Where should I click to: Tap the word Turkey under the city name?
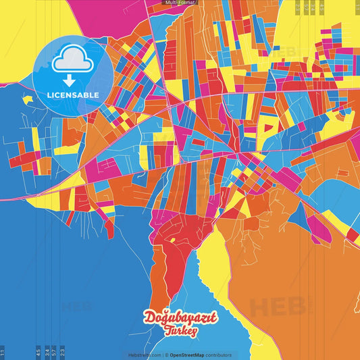180,331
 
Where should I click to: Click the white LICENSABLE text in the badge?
73,95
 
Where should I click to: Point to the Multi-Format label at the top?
179,3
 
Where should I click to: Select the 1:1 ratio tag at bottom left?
3,352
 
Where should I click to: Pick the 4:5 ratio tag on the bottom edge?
38,352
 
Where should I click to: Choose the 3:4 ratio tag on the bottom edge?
47,352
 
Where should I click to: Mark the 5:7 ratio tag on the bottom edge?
54,352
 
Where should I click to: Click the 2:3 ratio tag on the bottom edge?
62,352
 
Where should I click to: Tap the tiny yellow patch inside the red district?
173,240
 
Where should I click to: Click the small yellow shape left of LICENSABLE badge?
27,100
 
